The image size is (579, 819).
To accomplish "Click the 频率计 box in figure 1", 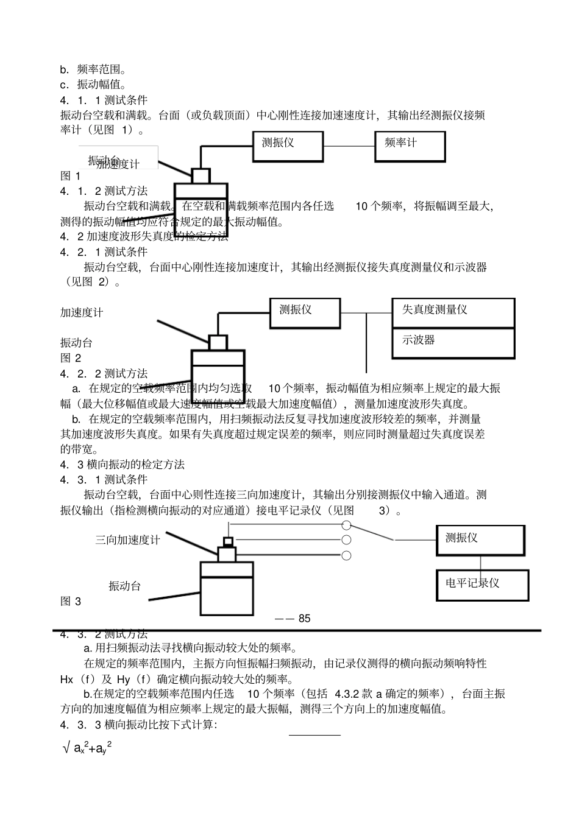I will pyautogui.click(x=410, y=147).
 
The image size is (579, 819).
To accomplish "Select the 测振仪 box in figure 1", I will pyautogui.click(x=288, y=147).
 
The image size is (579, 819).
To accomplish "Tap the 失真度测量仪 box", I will pyautogui.click(x=453, y=313).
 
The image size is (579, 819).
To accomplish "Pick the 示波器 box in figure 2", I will pyautogui.click(x=453, y=343).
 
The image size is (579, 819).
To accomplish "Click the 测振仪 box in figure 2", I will pyautogui.click(x=305, y=313).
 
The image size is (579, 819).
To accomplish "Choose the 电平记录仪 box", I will pyautogui.click(x=482, y=585).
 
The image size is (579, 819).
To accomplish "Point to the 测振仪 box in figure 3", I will pyautogui.click(x=480, y=540).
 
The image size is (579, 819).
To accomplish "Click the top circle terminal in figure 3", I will pyautogui.click(x=346, y=525).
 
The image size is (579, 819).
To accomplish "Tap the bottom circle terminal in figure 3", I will pyautogui.click(x=346, y=555).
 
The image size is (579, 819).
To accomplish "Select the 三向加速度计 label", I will pyautogui.click(x=127, y=540).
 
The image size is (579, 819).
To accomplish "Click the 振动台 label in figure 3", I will pyautogui.click(x=125, y=586).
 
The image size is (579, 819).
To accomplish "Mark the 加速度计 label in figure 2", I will pyautogui.click(x=82, y=313).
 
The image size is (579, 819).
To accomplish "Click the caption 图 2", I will pyautogui.click(x=71, y=358).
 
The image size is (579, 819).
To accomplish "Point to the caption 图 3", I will pyautogui.click(x=71, y=602).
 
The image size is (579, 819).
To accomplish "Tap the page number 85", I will pyautogui.click(x=304, y=619).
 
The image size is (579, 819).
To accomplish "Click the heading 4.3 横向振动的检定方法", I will pyautogui.click(x=123, y=465).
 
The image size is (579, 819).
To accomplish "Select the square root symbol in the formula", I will pyautogui.click(x=66, y=748).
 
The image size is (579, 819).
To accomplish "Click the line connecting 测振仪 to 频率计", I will pyautogui.click(x=349, y=147).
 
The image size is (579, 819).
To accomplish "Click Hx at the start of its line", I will pyautogui.click(x=67, y=680).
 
